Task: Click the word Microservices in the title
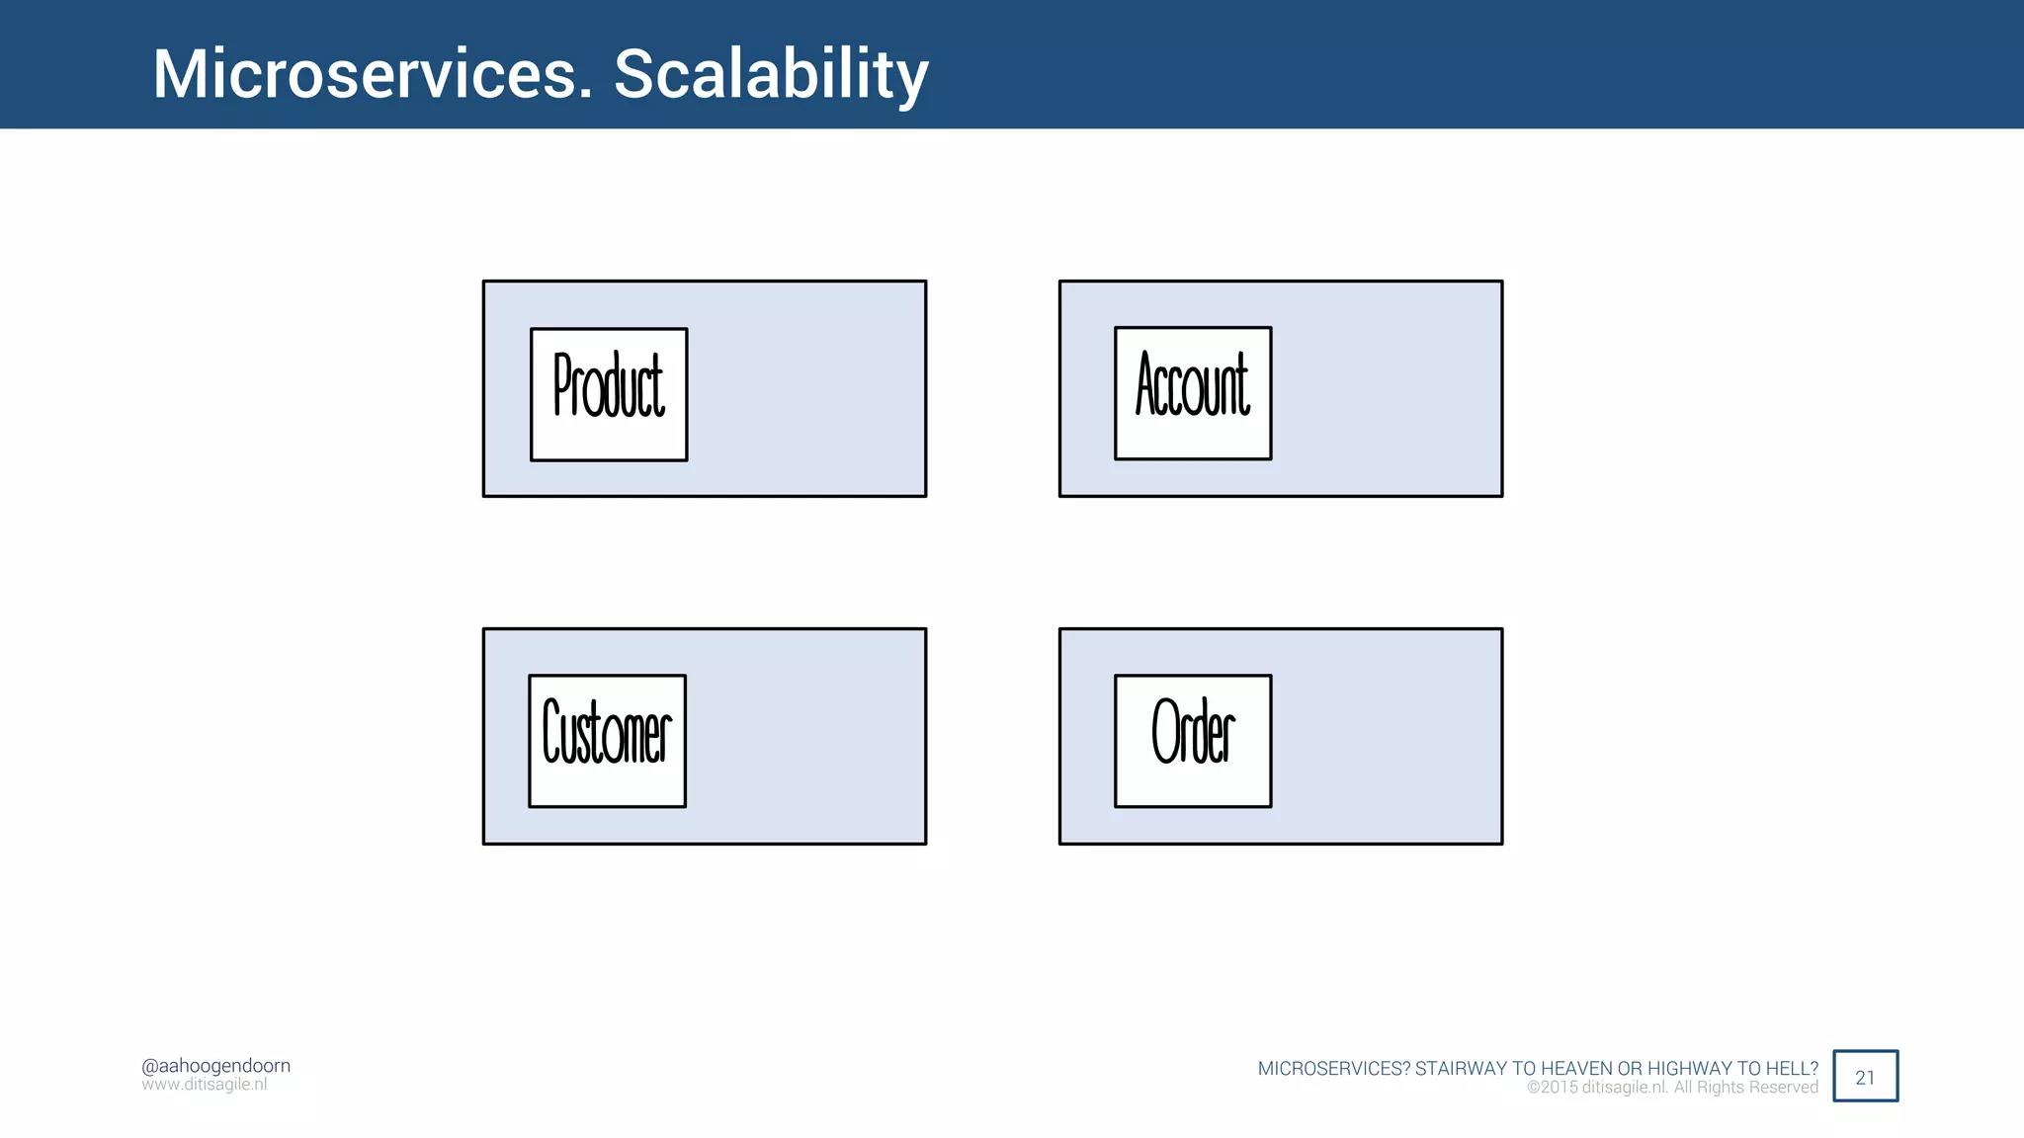pos(371,74)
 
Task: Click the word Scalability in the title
pos(771,74)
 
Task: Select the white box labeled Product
pos(609,394)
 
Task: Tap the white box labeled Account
pos(1193,393)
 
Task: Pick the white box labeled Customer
pos(607,741)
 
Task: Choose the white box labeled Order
pos(1193,741)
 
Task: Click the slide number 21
pos(1865,1077)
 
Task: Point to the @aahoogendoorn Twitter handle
pos(215,1066)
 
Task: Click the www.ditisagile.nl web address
pos(204,1085)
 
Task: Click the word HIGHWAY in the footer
pos(1690,1069)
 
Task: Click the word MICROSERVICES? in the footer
pos(1333,1069)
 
